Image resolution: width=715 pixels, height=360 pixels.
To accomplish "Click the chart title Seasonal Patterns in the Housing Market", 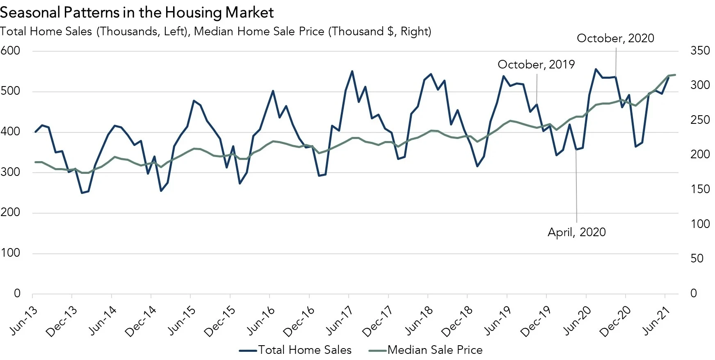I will (x=137, y=12).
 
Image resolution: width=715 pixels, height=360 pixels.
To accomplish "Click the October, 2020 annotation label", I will (x=615, y=38).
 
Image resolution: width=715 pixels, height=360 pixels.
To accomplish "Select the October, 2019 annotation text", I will (x=536, y=64).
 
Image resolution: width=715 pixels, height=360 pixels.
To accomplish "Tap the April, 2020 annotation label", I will (x=576, y=232).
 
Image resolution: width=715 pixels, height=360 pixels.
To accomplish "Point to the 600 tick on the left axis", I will (x=10, y=51).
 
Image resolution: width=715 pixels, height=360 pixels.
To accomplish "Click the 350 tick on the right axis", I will (x=700, y=51).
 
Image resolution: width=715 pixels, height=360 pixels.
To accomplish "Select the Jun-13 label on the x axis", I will (x=24, y=321).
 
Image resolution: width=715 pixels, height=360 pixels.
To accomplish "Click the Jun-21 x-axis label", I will (x=656, y=321).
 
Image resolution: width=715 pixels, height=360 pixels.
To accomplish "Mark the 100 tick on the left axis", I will (x=10, y=253).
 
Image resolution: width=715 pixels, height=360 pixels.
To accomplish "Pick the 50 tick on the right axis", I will (x=697, y=258).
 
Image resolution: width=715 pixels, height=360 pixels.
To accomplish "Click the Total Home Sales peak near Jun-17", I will (x=352, y=71).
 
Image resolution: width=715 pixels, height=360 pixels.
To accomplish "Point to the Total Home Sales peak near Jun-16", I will (x=273, y=91).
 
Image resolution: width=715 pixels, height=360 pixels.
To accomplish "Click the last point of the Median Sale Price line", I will (x=675, y=75).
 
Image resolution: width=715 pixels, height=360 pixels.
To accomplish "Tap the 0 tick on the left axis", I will (x=17, y=293).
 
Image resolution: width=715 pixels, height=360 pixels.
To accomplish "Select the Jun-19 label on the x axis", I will (x=498, y=321).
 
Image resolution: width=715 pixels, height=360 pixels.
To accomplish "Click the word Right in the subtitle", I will (x=414, y=32).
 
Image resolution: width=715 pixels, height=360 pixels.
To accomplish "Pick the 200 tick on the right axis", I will (x=700, y=155).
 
